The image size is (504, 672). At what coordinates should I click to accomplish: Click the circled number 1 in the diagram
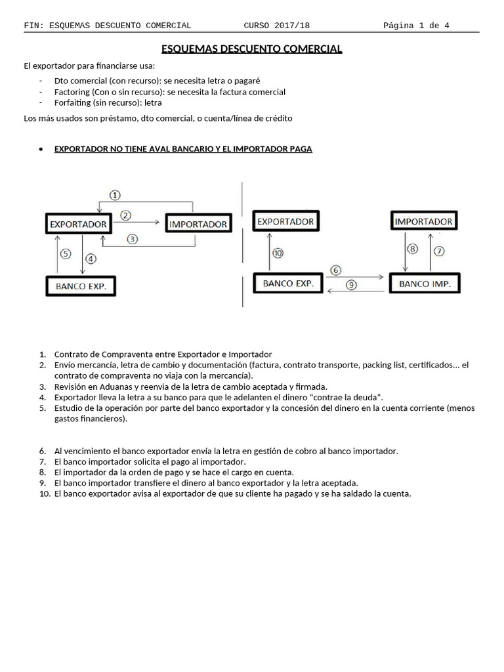click(x=115, y=195)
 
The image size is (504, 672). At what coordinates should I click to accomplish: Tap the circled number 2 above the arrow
click(x=126, y=215)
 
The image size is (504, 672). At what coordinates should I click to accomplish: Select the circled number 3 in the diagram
click(x=133, y=239)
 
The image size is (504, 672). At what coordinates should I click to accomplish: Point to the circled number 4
click(x=91, y=258)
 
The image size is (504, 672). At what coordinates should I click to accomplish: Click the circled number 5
click(x=65, y=253)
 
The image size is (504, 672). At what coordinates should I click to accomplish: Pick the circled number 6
click(x=336, y=270)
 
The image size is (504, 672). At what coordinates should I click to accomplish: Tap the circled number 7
click(x=439, y=250)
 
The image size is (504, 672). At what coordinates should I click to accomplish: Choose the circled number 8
click(x=412, y=249)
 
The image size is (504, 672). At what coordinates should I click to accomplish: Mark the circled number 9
click(x=352, y=285)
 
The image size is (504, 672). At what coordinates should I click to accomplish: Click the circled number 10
click(x=278, y=253)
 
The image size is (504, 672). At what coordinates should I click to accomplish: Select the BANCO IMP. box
click(x=425, y=283)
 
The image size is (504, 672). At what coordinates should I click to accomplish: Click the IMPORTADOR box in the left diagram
click(x=198, y=224)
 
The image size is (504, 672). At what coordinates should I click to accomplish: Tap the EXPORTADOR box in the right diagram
click(x=285, y=222)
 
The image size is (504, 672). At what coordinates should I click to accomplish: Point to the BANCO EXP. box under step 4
click(x=81, y=286)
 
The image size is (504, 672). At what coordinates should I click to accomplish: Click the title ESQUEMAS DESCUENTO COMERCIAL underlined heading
click(x=252, y=49)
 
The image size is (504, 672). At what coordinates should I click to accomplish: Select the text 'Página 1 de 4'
click(x=417, y=26)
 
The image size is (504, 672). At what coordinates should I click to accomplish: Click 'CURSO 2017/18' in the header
click(x=276, y=26)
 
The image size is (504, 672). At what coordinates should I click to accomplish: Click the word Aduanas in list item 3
click(x=111, y=387)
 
